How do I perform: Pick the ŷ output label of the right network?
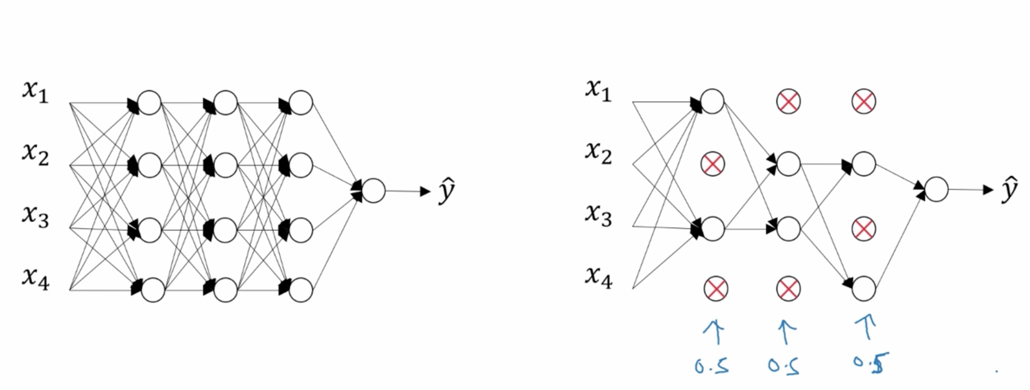[x=1009, y=189]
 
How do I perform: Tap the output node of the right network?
[x=937, y=190]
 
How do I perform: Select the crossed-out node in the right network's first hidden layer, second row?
[x=712, y=163]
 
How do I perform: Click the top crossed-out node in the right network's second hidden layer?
[x=788, y=101]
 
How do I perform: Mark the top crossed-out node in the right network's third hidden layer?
[x=864, y=101]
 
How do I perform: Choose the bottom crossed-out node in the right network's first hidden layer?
[x=716, y=289]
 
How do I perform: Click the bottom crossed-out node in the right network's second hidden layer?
[x=788, y=289]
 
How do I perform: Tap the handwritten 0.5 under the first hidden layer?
[x=711, y=365]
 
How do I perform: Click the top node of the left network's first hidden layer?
[x=149, y=103]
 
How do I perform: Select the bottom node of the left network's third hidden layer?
[x=301, y=290]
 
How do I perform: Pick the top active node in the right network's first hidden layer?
[x=712, y=102]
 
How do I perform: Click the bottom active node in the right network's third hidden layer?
[x=864, y=289]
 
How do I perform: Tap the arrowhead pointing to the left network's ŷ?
[x=424, y=191]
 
